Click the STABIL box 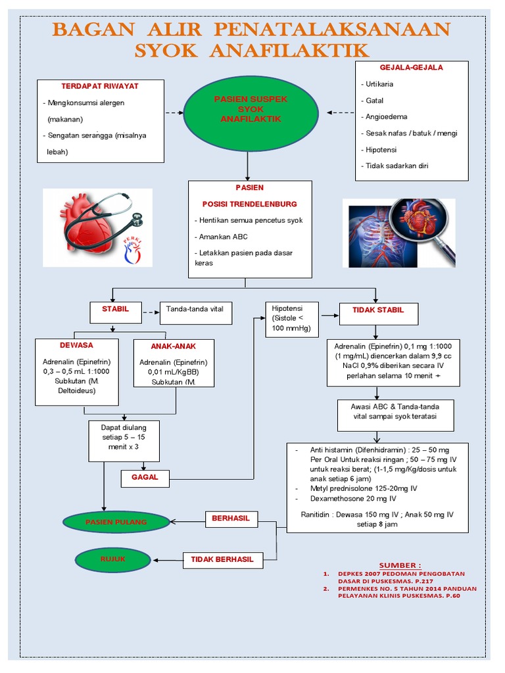pos(116,309)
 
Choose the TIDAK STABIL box pos(378,310)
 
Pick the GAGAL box pos(144,478)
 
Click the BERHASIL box pos(230,519)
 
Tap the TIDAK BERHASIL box pos(222,559)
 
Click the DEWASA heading pos(76,345)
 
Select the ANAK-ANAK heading pos(173,346)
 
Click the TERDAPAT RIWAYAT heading pos(99,86)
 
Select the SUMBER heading pos(400,565)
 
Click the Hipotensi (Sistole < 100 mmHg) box pos(291,319)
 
